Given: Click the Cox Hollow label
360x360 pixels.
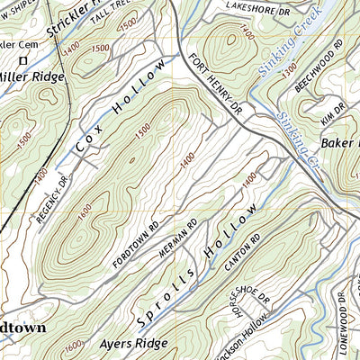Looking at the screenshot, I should click(x=120, y=110).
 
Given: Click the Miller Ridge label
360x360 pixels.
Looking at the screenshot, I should click(x=33, y=76).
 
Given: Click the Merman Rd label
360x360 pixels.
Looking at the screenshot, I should click(x=175, y=239).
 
